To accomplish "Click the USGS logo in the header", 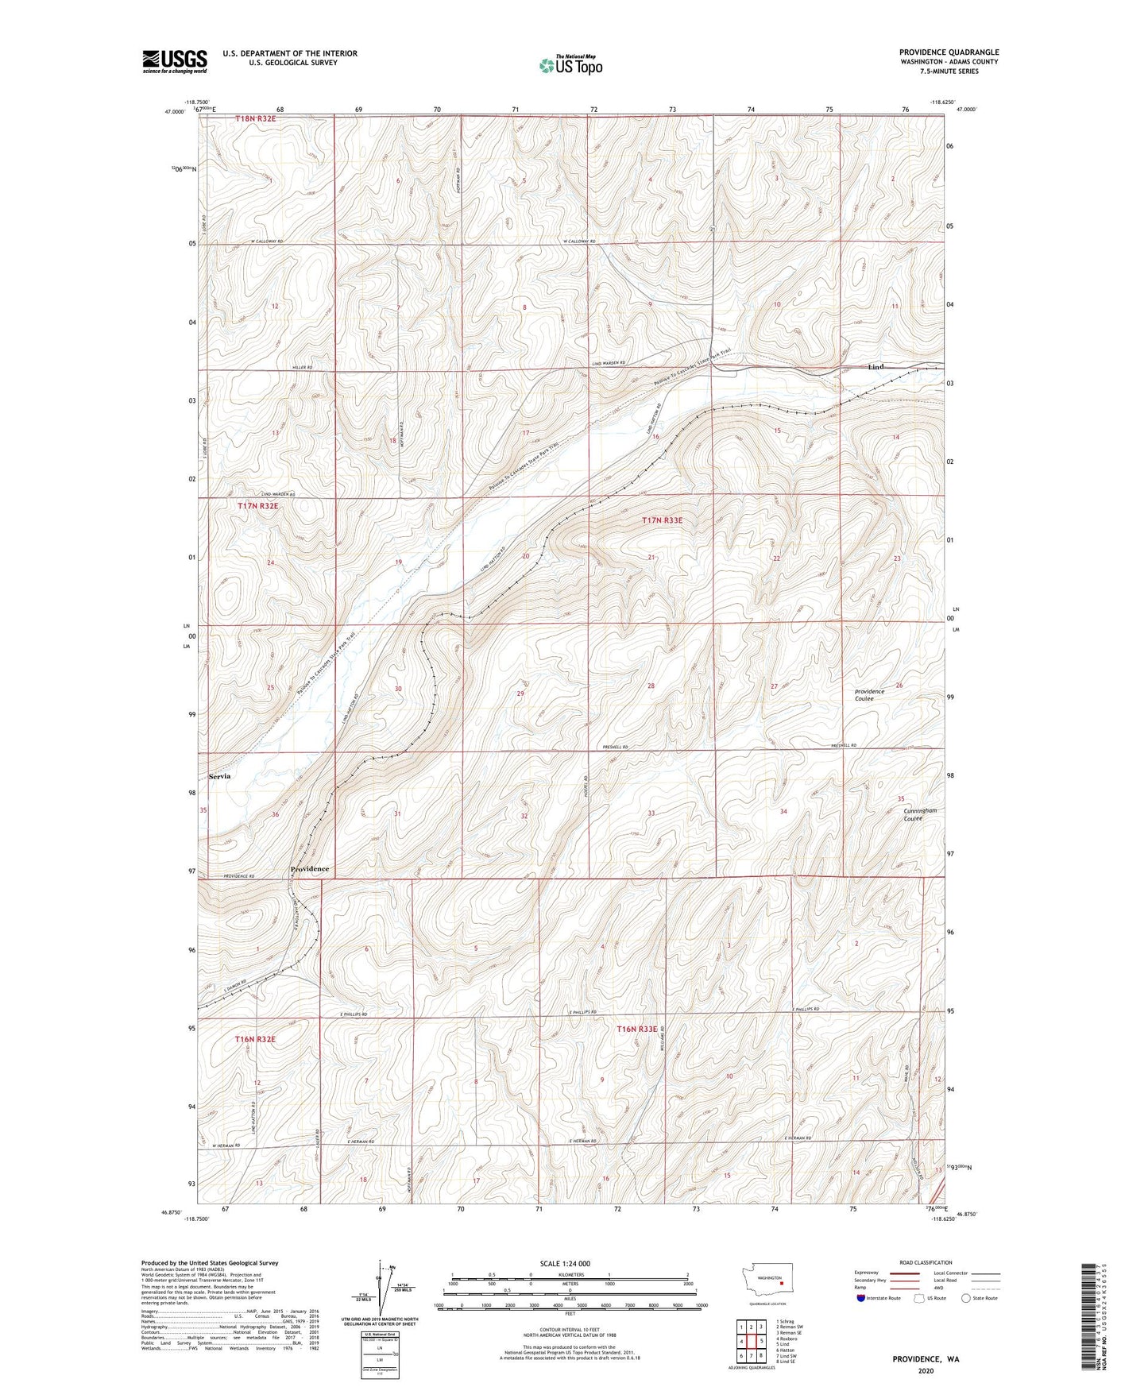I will pos(175,61).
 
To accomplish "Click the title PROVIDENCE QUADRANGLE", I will pos(949,52).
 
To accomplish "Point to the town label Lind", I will pos(875,367).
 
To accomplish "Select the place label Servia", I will pos(219,776).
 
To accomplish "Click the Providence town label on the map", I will pos(309,869).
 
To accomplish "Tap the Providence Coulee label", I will pos(869,695).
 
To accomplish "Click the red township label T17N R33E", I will pos(662,520).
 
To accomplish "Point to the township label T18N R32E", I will pos(256,118).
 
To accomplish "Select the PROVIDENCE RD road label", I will pos(238,876).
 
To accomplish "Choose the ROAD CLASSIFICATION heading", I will pos(926,1262).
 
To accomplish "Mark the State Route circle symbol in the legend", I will pos(966,1298).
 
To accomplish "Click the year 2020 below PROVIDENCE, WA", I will pos(925,1371).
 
